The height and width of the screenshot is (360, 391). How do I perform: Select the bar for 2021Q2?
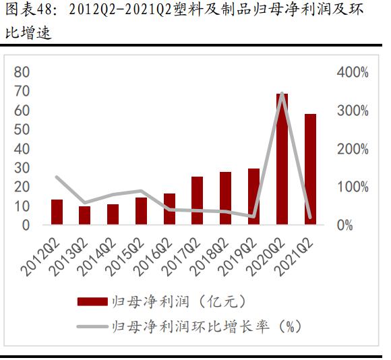pos(311,169)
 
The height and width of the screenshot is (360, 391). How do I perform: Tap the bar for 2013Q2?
pos(85,216)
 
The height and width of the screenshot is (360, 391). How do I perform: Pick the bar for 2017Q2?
pos(198,201)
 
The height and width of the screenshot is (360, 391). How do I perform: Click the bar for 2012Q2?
pos(57,212)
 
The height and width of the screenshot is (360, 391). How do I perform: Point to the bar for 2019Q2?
pos(254,197)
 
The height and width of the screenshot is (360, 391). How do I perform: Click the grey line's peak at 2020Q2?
pos(282,93)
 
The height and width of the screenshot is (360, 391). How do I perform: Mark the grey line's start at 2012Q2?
pos(57,177)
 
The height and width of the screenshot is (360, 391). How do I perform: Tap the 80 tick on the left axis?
pos(23,72)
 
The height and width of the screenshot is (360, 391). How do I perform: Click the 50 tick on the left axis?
pos(23,129)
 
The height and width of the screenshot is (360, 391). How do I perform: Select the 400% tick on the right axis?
pos(353,72)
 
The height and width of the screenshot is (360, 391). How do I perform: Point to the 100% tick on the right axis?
pos(353,187)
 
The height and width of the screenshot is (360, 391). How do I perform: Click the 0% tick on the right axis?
pos(345,225)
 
